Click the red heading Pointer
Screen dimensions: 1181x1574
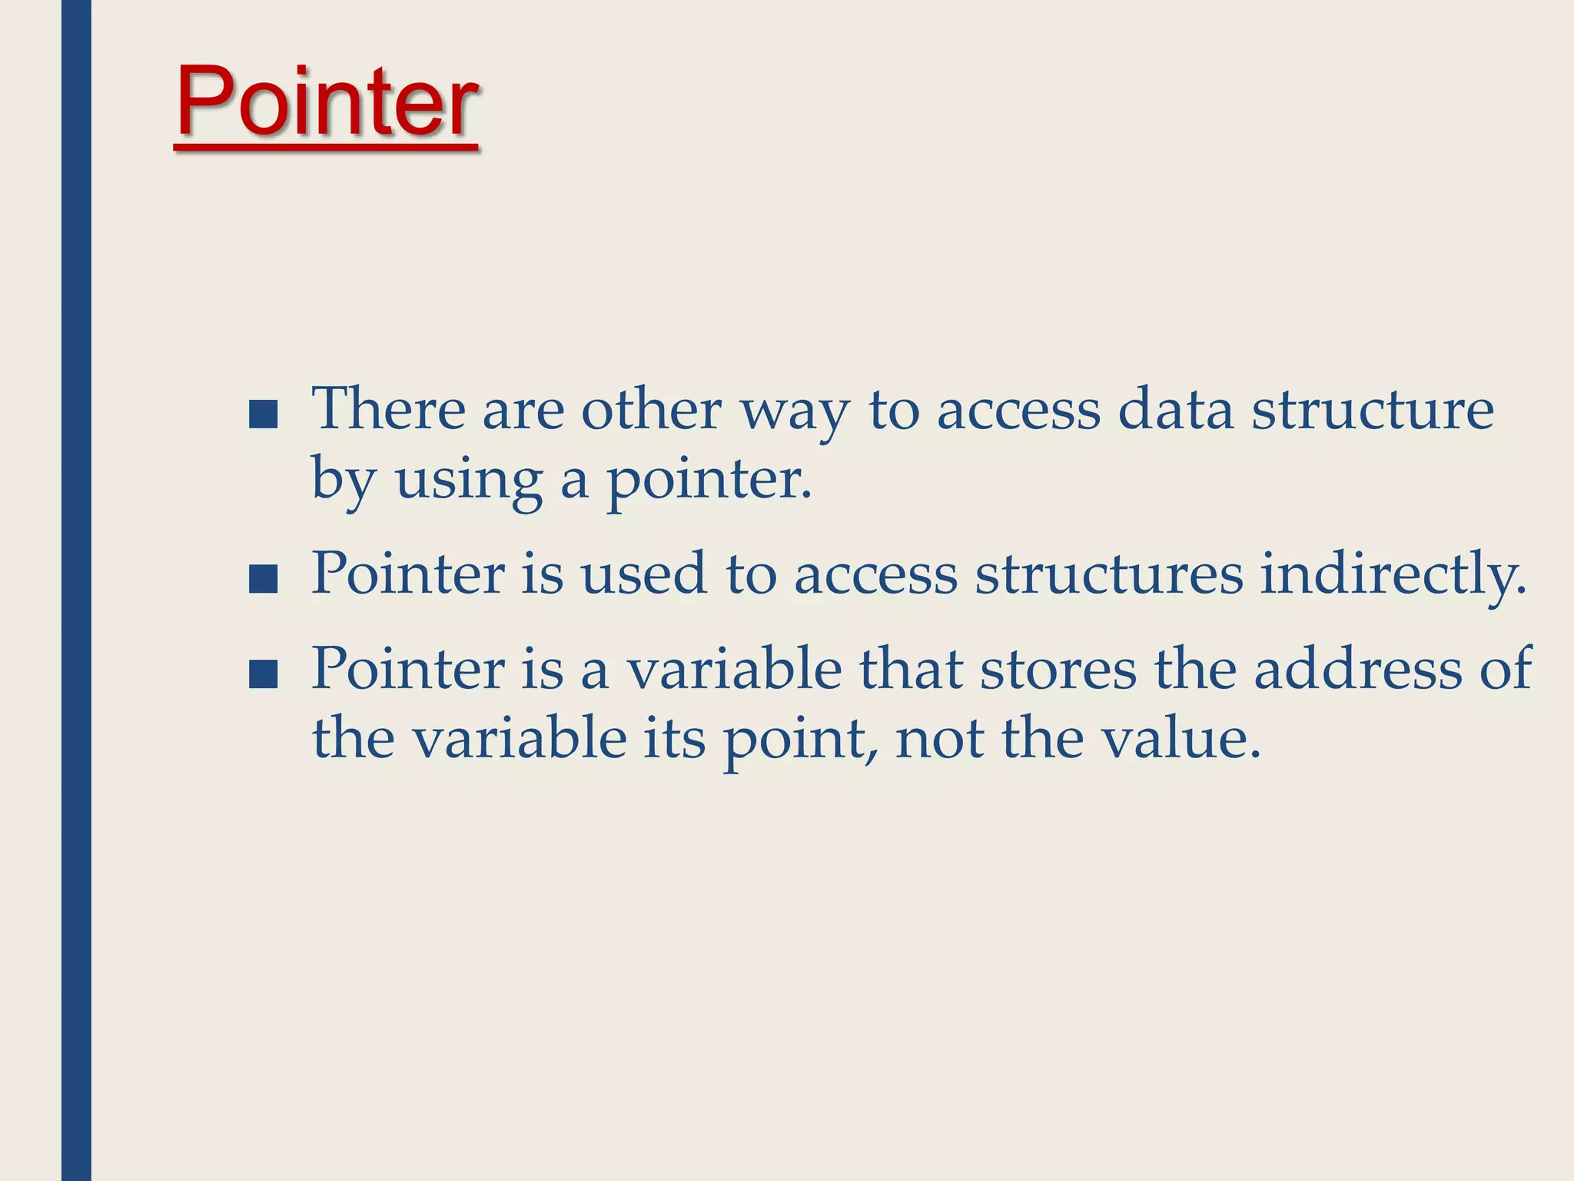pyautogui.click(x=327, y=102)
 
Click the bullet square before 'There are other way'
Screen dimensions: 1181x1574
pyautogui.click(x=264, y=414)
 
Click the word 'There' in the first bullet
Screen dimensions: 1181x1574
pyautogui.click(x=388, y=410)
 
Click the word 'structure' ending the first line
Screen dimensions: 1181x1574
pyautogui.click(x=1373, y=410)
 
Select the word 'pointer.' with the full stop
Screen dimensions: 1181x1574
pyautogui.click(x=709, y=481)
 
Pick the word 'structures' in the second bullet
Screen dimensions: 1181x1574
pyautogui.click(x=1108, y=574)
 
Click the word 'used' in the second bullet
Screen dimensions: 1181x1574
pyautogui.click(x=643, y=574)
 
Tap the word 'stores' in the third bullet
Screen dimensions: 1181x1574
pyautogui.click(x=1058, y=670)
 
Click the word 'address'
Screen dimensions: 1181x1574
pyautogui.click(x=1357, y=670)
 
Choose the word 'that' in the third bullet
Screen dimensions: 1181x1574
pyautogui.click(x=910, y=670)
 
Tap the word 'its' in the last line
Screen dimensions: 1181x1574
pyautogui.click(x=674, y=738)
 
